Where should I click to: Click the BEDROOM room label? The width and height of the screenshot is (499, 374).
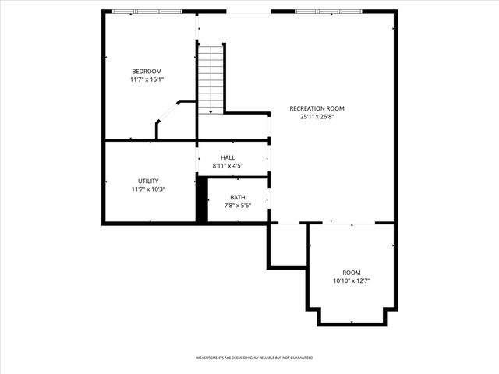point(147,71)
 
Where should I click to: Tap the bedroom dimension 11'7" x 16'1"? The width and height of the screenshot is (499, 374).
point(147,79)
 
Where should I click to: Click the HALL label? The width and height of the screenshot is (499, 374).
point(228,157)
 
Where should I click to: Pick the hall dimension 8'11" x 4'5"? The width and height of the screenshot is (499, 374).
point(228,166)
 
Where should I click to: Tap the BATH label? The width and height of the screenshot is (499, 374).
point(237,197)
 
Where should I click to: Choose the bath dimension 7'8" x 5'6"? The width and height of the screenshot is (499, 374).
point(237,206)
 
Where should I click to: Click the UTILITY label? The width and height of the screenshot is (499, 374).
point(148,181)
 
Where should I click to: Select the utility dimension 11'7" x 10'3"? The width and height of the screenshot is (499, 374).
point(148,189)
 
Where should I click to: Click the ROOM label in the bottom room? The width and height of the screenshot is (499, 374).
point(352,272)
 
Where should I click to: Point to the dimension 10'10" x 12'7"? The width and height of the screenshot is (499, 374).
point(352,280)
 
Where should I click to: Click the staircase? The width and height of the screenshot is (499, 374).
point(211,78)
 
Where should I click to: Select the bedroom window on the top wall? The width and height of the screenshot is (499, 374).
point(147,12)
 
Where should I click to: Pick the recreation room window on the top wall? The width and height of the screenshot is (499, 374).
point(328,12)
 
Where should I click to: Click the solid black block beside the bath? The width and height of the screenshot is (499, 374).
point(201,200)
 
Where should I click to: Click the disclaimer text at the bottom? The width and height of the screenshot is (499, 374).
point(254,358)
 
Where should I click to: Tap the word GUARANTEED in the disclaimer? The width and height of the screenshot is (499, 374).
point(301,358)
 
